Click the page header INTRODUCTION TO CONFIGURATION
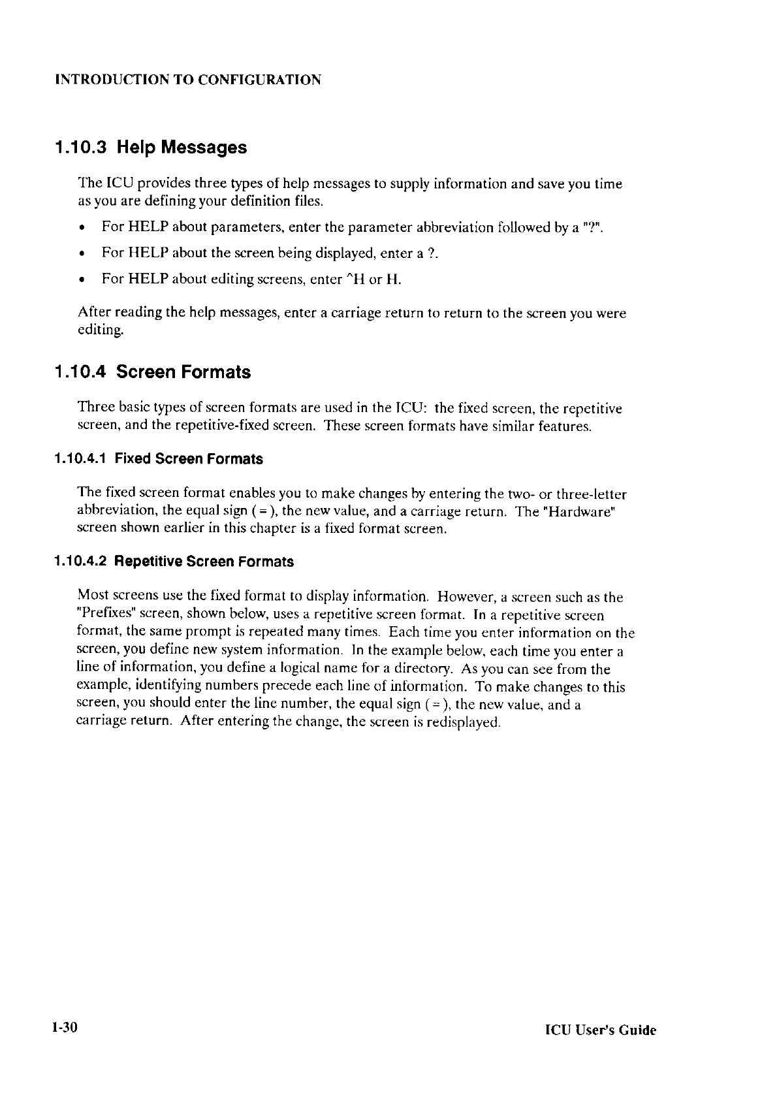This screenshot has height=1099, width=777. (x=188, y=80)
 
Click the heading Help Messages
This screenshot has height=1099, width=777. (x=182, y=148)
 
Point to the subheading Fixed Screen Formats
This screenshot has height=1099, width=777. (x=189, y=459)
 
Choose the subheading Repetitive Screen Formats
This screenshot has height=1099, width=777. (x=204, y=562)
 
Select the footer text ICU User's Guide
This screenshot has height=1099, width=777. (x=601, y=1031)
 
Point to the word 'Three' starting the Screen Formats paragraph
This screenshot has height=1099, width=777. (x=93, y=409)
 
